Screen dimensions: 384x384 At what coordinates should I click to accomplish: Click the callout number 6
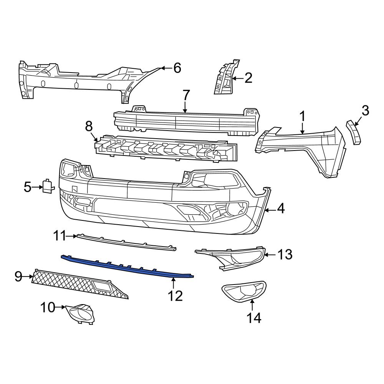click(177, 68)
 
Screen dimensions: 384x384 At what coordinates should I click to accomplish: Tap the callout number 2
click(248, 78)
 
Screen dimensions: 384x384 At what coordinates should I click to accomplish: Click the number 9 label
click(18, 276)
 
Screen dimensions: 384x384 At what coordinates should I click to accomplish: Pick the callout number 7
click(185, 94)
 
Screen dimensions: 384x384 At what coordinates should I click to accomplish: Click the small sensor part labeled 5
click(48, 187)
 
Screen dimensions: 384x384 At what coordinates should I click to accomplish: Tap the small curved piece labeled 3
click(354, 132)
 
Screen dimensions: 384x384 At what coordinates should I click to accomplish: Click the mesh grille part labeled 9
click(77, 284)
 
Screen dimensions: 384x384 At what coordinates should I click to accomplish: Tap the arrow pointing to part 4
click(270, 210)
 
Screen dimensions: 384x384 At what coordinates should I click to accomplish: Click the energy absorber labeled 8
click(165, 148)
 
